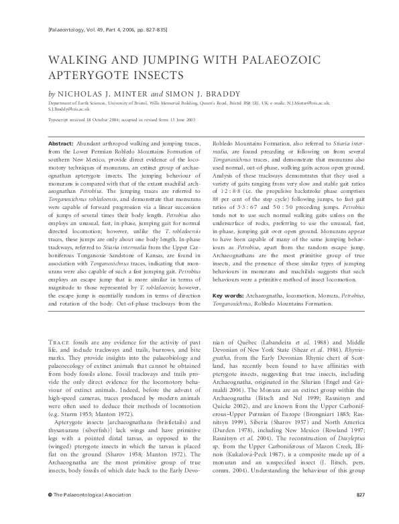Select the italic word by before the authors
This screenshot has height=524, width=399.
pyautogui.click(x=52, y=93)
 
